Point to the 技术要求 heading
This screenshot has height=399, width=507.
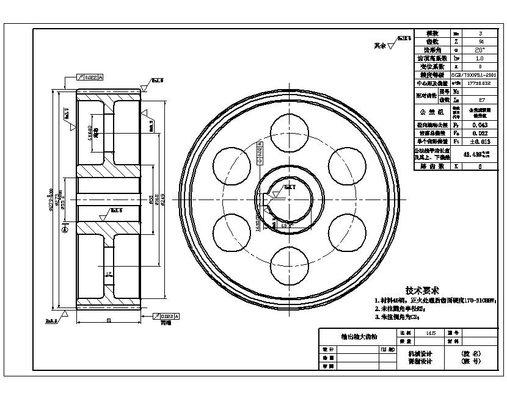421,291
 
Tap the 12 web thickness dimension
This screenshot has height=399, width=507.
109,275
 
